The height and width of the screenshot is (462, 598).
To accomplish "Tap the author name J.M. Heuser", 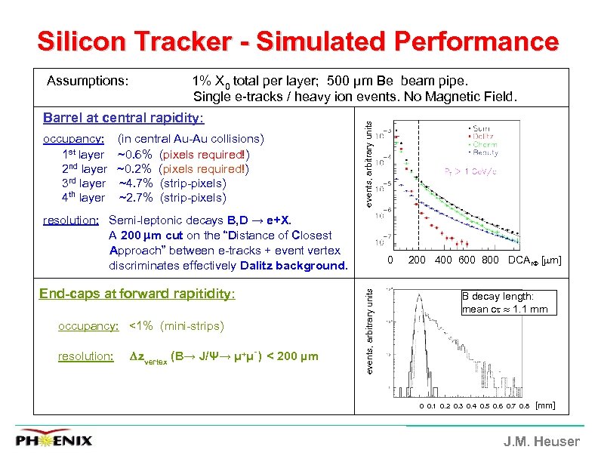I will [x=542, y=442].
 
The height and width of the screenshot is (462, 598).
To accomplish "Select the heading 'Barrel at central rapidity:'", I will [x=123, y=118].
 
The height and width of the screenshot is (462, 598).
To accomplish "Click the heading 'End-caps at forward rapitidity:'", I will [x=137, y=294].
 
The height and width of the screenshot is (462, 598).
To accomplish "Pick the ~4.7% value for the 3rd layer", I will [x=137, y=183].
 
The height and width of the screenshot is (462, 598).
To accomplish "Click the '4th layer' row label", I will [x=82, y=198].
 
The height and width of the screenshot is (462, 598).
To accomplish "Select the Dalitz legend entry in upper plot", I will [x=486, y=137].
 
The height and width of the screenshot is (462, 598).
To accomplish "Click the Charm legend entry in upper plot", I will [x=487, y=144].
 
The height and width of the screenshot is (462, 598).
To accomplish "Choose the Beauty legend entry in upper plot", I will [x=488, y=152].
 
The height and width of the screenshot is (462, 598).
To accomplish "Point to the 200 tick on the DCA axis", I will [x=417, y=260].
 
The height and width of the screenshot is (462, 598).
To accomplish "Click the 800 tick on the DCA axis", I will [x=490, y=260].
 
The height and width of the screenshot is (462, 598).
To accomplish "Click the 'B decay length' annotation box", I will [x=508, y=302].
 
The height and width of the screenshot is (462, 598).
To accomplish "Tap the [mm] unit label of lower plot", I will [x=544, y=406].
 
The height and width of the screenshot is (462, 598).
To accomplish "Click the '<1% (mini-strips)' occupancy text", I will [x=177, y=326].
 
